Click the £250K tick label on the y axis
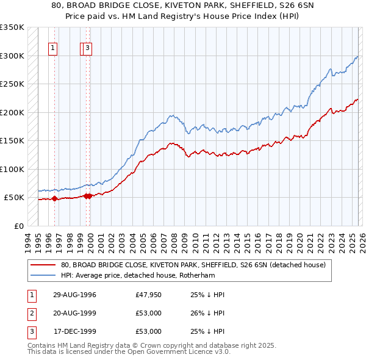[x=12, y=84]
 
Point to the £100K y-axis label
[x=12, y=169]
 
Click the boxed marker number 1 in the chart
[x=54, y=49]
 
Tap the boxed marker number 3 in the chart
[x=88, y=49]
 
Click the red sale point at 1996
[x=55, y=198]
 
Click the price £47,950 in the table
[x=149, y=295]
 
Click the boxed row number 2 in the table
[x=30, y=313]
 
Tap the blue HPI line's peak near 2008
[x=173, y=115]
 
